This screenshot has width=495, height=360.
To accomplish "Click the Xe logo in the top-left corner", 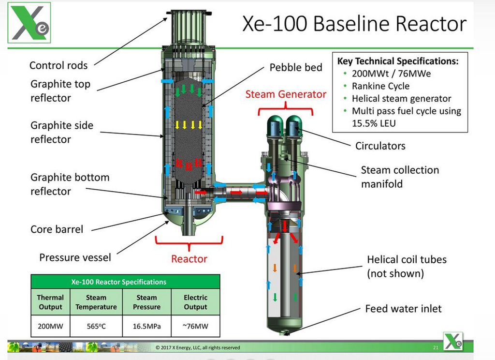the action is (x=29, y=23).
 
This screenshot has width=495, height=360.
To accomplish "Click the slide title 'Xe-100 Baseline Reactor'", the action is (x=354, y=24).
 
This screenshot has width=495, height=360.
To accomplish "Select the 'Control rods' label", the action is (x=58, y=65).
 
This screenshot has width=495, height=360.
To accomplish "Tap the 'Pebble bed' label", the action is (x=295, y=67).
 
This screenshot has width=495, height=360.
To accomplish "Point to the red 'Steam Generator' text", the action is (x=286, y=94).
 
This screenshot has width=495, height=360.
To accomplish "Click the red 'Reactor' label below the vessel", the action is (x=189, y=259).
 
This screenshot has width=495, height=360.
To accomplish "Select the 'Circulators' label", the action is (x=380, y=146).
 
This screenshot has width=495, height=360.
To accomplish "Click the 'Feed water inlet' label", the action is (x=403, y=308).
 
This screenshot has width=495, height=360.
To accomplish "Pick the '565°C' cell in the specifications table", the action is (x=96, y=326).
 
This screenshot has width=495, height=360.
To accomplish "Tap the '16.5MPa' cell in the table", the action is (x=146, y=326).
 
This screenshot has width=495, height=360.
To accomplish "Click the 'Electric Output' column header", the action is (x=195, y=302).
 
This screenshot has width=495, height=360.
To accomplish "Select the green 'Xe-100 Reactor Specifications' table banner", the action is (x=125, y=282).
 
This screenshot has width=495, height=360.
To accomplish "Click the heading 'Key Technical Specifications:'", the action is (x=397, y=61).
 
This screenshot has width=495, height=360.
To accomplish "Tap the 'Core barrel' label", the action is (x=56, y=229).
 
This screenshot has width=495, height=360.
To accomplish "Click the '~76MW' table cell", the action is (x=195, y=326).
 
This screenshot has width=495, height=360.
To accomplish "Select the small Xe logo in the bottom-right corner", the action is (x=453, y=341).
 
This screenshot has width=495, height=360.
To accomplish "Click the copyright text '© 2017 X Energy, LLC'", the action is (x=198, y=347).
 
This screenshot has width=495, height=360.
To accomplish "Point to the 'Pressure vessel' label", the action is (x=75, y=257).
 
